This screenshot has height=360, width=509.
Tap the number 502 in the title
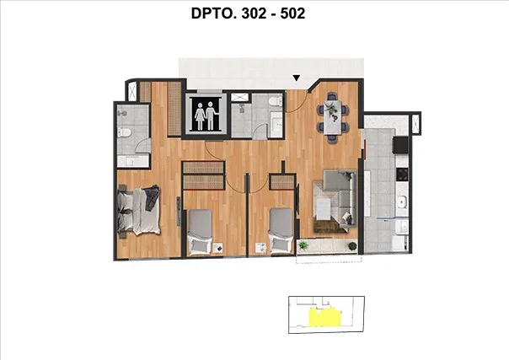(x=292, y=13)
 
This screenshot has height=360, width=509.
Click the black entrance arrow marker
(x=296, y=78)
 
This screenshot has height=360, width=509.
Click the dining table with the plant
(x=333, y=117)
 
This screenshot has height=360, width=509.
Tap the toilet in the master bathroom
(x=124, y=132)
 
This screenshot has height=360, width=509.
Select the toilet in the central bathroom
(x=276, y=101)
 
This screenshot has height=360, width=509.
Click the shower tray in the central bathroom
(x=239, y=97)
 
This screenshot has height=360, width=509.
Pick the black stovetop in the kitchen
(x=402, y=175)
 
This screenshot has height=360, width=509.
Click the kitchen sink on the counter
(x=401, y=202)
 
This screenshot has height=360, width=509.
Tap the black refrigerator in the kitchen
(x=400, y=145)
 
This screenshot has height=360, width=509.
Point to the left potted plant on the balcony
(x=303, y=245)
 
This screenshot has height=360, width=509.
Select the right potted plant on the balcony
(x=352, y=245)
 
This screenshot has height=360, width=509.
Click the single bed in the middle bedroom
(x=201, y=232)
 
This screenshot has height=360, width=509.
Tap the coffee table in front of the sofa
(x=324, y=208)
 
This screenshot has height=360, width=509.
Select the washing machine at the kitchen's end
(x=399, y=243)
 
